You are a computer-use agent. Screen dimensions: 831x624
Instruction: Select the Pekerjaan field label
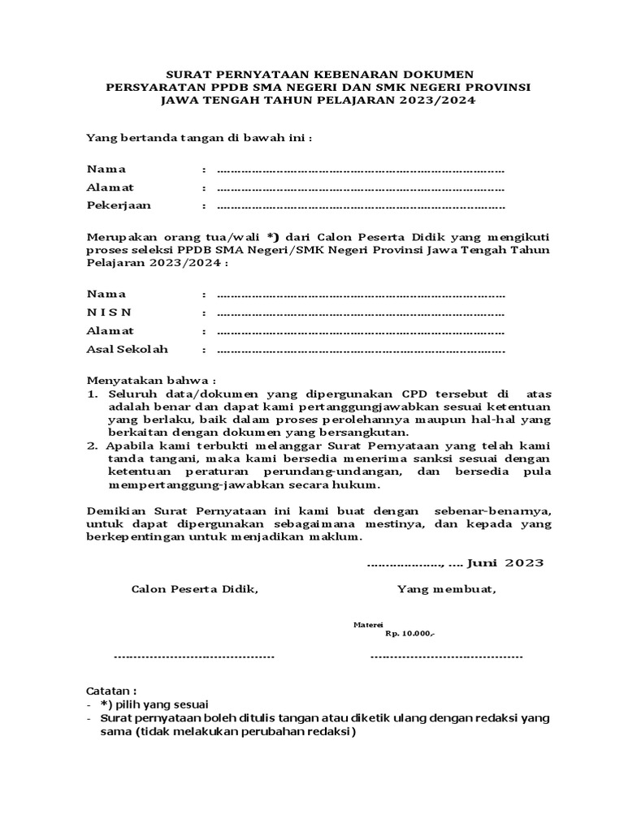click(119, 205)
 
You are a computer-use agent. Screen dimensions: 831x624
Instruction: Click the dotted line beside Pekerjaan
click(361, 206)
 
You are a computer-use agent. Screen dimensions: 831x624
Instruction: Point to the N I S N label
click(109, 312)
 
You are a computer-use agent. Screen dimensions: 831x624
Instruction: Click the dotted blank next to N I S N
click(361, 313)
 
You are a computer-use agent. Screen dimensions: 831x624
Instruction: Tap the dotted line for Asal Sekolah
click(361, 350)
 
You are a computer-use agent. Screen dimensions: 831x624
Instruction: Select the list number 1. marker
click(93, 393)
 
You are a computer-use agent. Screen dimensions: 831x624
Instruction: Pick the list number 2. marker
click(93, 446)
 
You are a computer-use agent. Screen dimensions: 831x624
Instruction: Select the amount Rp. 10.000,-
click(409, 634)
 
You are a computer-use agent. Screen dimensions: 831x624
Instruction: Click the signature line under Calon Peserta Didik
click(194, 655)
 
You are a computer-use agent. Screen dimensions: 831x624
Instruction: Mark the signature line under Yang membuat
click(446, 655)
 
